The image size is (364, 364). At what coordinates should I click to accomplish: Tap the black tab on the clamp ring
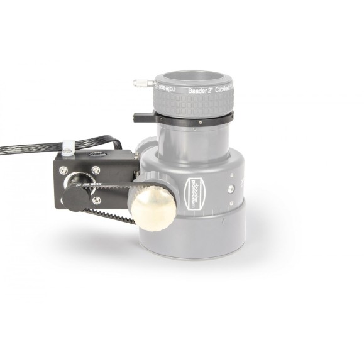(x=142, y=117)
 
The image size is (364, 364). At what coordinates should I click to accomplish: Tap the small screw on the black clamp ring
(x=199, y=120)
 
